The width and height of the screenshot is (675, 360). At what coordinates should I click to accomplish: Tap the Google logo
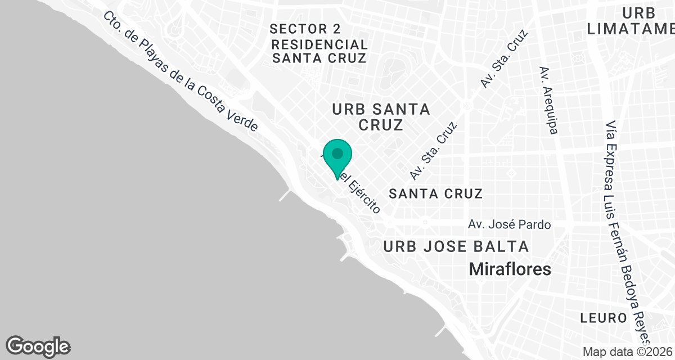(38, 345)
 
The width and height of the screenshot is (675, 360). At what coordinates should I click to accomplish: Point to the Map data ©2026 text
(627, 352)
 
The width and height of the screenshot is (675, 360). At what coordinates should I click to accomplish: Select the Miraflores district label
(510, 269)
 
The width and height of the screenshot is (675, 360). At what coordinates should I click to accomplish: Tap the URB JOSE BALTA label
(456, 246)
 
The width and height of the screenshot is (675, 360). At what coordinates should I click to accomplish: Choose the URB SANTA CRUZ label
(381, 116)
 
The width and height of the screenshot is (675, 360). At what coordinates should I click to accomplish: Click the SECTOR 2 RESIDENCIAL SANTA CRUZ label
(318, 43)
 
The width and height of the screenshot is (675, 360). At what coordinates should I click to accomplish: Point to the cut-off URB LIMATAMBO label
(630, 21)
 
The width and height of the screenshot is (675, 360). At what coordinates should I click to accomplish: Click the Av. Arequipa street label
(548, 100)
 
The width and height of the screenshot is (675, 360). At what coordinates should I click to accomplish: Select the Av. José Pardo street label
(509, 224)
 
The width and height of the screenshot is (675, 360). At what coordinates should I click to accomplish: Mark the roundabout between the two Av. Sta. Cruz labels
(466, 105)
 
